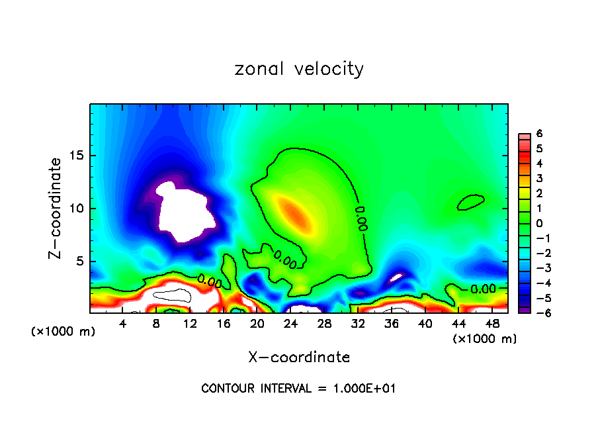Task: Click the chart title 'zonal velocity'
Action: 299,69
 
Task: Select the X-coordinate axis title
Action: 299,358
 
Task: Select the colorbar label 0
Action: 539,223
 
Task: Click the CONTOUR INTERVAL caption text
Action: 298,389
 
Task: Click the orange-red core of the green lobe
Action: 295,213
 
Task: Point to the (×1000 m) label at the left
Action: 64,332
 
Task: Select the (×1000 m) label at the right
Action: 484,339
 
